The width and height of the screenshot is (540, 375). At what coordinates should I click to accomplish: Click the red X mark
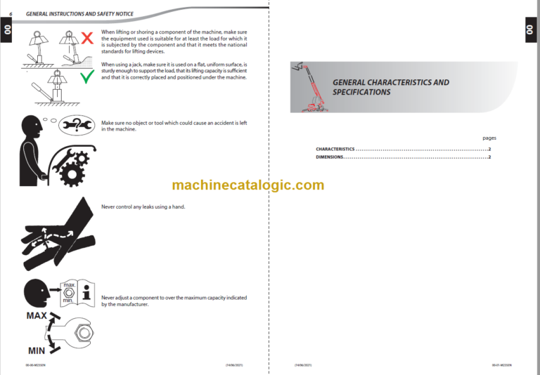pyautogui.click(x=86, y=38)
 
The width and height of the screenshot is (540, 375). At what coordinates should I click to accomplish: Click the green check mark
pyautogui.click(x=86, y=77)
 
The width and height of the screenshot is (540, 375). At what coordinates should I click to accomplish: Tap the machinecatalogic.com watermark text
pyautogui.click(x=247, y=185)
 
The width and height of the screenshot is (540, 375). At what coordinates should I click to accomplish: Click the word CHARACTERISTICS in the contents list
pyautogui.click(x=335, y=150)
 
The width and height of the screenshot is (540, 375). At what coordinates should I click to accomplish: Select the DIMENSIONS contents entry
pyautogui.click(x=330, y=157)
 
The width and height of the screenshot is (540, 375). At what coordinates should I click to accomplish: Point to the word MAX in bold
pyautogui.click(x=37, y=315)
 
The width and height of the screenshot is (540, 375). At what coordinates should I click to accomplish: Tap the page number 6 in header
pyautogui.click(x=11, y=14)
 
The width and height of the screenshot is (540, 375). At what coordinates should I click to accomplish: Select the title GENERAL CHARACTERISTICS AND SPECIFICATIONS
pyautogui.click(x=390, y=87)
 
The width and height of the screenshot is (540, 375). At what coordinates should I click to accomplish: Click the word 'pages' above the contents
pyautogui.click(x=489, y=138)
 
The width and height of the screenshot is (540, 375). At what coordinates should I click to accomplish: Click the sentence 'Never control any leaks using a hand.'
pyautogui.click(x=143, y=207)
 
